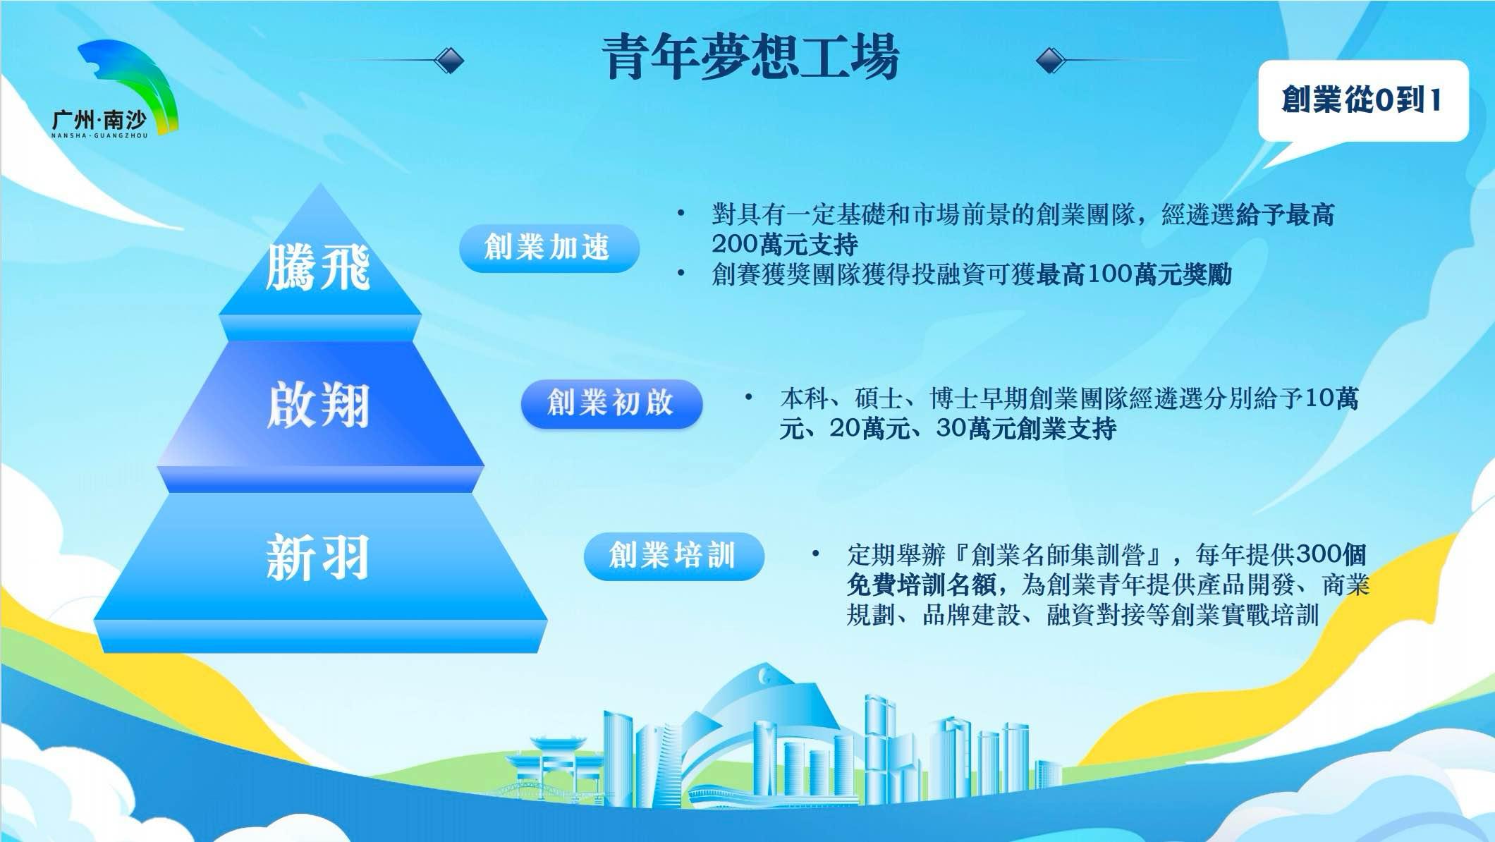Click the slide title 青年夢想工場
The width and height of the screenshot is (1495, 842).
pyautogui.click(x=752, y=56)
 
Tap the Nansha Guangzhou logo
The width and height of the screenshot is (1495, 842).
pyautogui.click(x=113, y=90)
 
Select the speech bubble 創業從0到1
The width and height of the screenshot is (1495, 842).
pyautogui.click(x=1363, y=101)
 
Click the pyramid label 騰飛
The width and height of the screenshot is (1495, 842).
pyautogui.click(x=317, y=267)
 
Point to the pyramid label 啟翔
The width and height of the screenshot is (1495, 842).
pyautogui.click(x=318, y=405)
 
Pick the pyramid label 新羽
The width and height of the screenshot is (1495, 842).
pyautogui.click(x=317, y=557)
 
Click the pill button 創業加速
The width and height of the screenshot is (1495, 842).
pyautogui.click(x=549, y=248)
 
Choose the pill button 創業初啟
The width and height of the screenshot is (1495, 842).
pyautogui.click(x=611, y=403)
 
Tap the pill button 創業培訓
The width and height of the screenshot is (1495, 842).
pyautogui.click(x=673, y=556)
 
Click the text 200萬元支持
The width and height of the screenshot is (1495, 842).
pyautogui.click(x=784, y=244)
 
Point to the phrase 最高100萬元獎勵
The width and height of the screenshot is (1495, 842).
pyautogui.click(x=1134, y=274)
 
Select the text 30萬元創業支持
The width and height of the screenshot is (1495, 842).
pyautogui.click(x=1026, y=429)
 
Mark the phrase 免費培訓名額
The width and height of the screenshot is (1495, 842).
pyautogui.click(x=921, y=585)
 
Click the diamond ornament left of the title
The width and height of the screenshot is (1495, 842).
pyautogui.click(x=448, y=61)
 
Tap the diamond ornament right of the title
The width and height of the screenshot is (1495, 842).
pyautogui.click(x=1051, y=61)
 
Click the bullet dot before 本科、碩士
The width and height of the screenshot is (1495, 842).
pyautogui.click(x=748, y=398)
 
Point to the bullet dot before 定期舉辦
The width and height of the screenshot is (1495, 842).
pyautogui.click(x=815, y=554)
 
